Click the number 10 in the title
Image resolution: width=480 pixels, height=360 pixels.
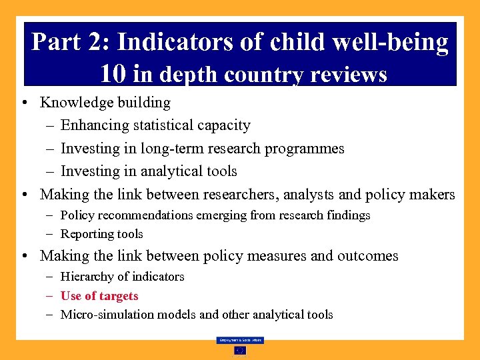[114, 73]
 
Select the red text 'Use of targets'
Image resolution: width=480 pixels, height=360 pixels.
[99, 296]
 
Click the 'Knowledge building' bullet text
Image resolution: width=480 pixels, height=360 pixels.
[105, 103]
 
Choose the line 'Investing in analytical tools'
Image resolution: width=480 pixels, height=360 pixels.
[149, 171]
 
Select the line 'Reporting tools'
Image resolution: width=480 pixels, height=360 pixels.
[101, 234]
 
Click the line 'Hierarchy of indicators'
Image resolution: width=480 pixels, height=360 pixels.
[122, 277]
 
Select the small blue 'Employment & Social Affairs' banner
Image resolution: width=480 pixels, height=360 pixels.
[240, 340]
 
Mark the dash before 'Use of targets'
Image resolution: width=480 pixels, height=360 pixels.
[51, 296]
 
